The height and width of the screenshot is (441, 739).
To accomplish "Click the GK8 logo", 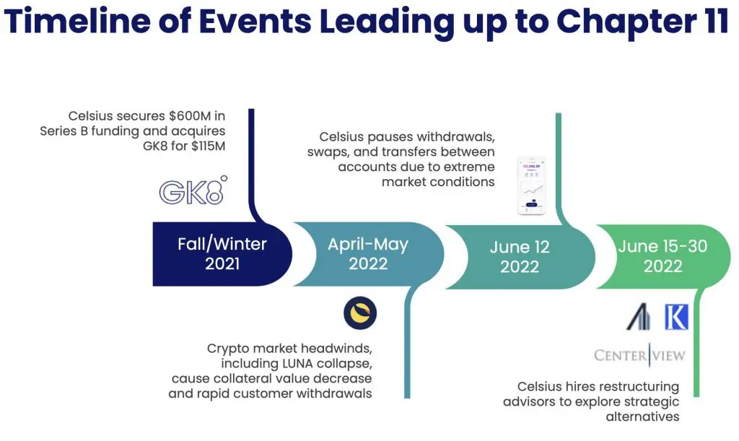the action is pos(193,191).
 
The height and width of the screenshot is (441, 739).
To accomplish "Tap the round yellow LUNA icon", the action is pos(360,313).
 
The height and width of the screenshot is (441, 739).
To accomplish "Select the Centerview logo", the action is pos(639,355).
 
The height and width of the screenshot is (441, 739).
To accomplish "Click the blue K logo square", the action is pos(676,317).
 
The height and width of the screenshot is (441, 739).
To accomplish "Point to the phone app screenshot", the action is pos(532,185).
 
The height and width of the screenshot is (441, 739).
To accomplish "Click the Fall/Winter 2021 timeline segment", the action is pos(222,254).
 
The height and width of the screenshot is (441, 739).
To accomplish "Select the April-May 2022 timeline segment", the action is pos(368,254).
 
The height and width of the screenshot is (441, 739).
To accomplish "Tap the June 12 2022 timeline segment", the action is pos(520,257).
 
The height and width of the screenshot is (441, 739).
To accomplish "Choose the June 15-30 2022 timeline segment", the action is pos(663,256).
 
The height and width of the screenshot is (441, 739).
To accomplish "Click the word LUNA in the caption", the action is pos(298,364).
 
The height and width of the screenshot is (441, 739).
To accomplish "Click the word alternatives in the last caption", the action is pos(642,416).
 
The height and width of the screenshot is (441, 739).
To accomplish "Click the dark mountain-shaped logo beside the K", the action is pos(639,317).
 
